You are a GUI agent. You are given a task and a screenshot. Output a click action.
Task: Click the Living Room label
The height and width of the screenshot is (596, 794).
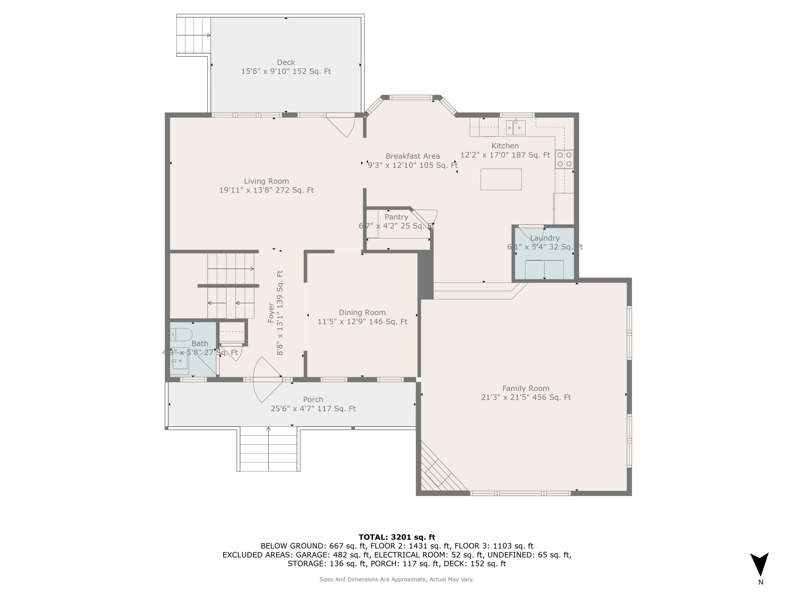coord(266,181)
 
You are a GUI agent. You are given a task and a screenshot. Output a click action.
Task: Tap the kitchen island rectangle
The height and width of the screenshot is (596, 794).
coord(501,179)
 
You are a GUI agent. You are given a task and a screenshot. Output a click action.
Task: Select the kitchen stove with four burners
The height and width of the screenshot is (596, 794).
coord(564,159)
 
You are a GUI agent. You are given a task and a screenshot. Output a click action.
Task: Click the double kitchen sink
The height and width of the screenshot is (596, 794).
coord(516,127)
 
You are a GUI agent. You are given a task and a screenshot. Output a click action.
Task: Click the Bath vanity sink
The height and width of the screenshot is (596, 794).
coord(180,361)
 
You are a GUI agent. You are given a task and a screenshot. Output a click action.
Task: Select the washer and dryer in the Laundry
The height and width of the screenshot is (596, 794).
coord(544,269)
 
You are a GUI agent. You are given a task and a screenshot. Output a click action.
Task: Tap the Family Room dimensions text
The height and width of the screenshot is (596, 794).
coord(526,397)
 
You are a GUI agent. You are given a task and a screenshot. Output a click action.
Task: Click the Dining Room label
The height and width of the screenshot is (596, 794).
coord(362,313)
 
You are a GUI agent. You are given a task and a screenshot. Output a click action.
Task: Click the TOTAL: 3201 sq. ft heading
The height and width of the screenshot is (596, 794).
coord(397,537)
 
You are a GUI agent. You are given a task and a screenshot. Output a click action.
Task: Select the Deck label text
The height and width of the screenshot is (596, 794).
coord(286,62)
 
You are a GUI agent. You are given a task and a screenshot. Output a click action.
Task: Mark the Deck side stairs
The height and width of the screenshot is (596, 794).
coord(193,35)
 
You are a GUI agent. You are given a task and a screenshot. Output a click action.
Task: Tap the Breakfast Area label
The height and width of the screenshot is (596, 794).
coord(412,156)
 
